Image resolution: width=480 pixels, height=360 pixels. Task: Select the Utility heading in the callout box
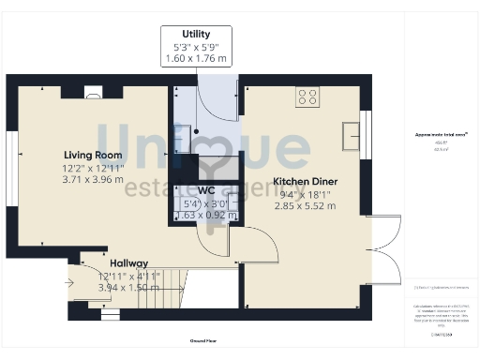196,36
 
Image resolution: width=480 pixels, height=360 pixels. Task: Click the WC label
206,189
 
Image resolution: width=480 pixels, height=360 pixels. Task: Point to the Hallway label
129,263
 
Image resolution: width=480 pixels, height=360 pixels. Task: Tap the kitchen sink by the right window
354,128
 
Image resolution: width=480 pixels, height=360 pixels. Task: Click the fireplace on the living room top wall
94,92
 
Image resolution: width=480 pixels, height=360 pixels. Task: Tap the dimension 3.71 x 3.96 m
93,179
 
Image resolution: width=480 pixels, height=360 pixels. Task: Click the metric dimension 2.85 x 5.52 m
304,206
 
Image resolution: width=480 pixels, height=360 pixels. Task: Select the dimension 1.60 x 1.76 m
196,58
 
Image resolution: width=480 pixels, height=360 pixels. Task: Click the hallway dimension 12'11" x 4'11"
129,276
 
